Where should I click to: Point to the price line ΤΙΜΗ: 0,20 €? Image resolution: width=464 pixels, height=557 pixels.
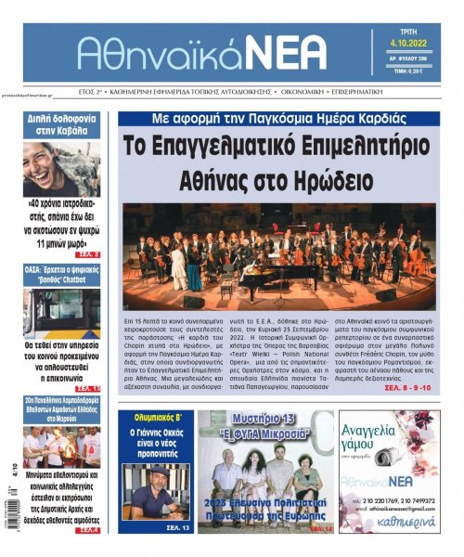[x=410, y=71]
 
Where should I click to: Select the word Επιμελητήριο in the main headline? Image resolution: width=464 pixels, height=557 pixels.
[x=357, y=147]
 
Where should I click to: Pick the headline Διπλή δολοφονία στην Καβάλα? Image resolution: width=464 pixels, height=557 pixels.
[x=62, y=125]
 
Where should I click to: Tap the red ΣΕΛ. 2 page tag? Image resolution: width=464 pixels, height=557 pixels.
[x=84, y=253]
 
